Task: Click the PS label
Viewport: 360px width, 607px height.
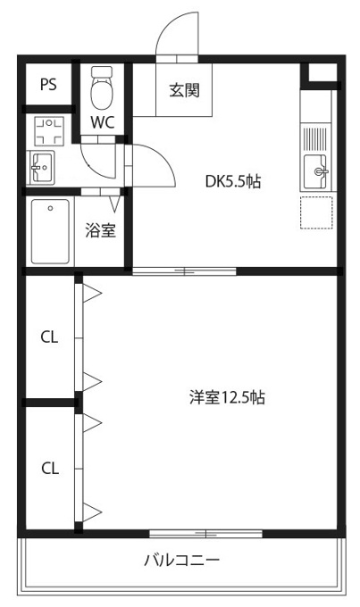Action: coord(48,85)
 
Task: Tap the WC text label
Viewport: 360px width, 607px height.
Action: coord(100,122)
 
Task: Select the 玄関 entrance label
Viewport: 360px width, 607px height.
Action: coord(184,89)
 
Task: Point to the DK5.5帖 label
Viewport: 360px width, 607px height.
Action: coord(233,181)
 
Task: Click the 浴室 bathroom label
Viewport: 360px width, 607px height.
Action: coord(100,231)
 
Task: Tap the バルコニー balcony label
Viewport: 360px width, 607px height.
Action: coord(181,561)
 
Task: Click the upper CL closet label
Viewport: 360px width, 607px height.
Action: coord(49,337)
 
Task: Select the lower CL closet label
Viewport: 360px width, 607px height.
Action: coord(49,468)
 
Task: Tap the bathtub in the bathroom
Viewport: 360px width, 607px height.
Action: coord(50,231)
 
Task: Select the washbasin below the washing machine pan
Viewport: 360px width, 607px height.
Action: coord(42,166)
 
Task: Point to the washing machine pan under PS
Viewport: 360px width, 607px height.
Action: coord(47,131)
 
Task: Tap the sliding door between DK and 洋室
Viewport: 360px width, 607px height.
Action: coord(185,270)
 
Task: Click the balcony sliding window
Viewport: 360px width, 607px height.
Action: coord(205,534)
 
